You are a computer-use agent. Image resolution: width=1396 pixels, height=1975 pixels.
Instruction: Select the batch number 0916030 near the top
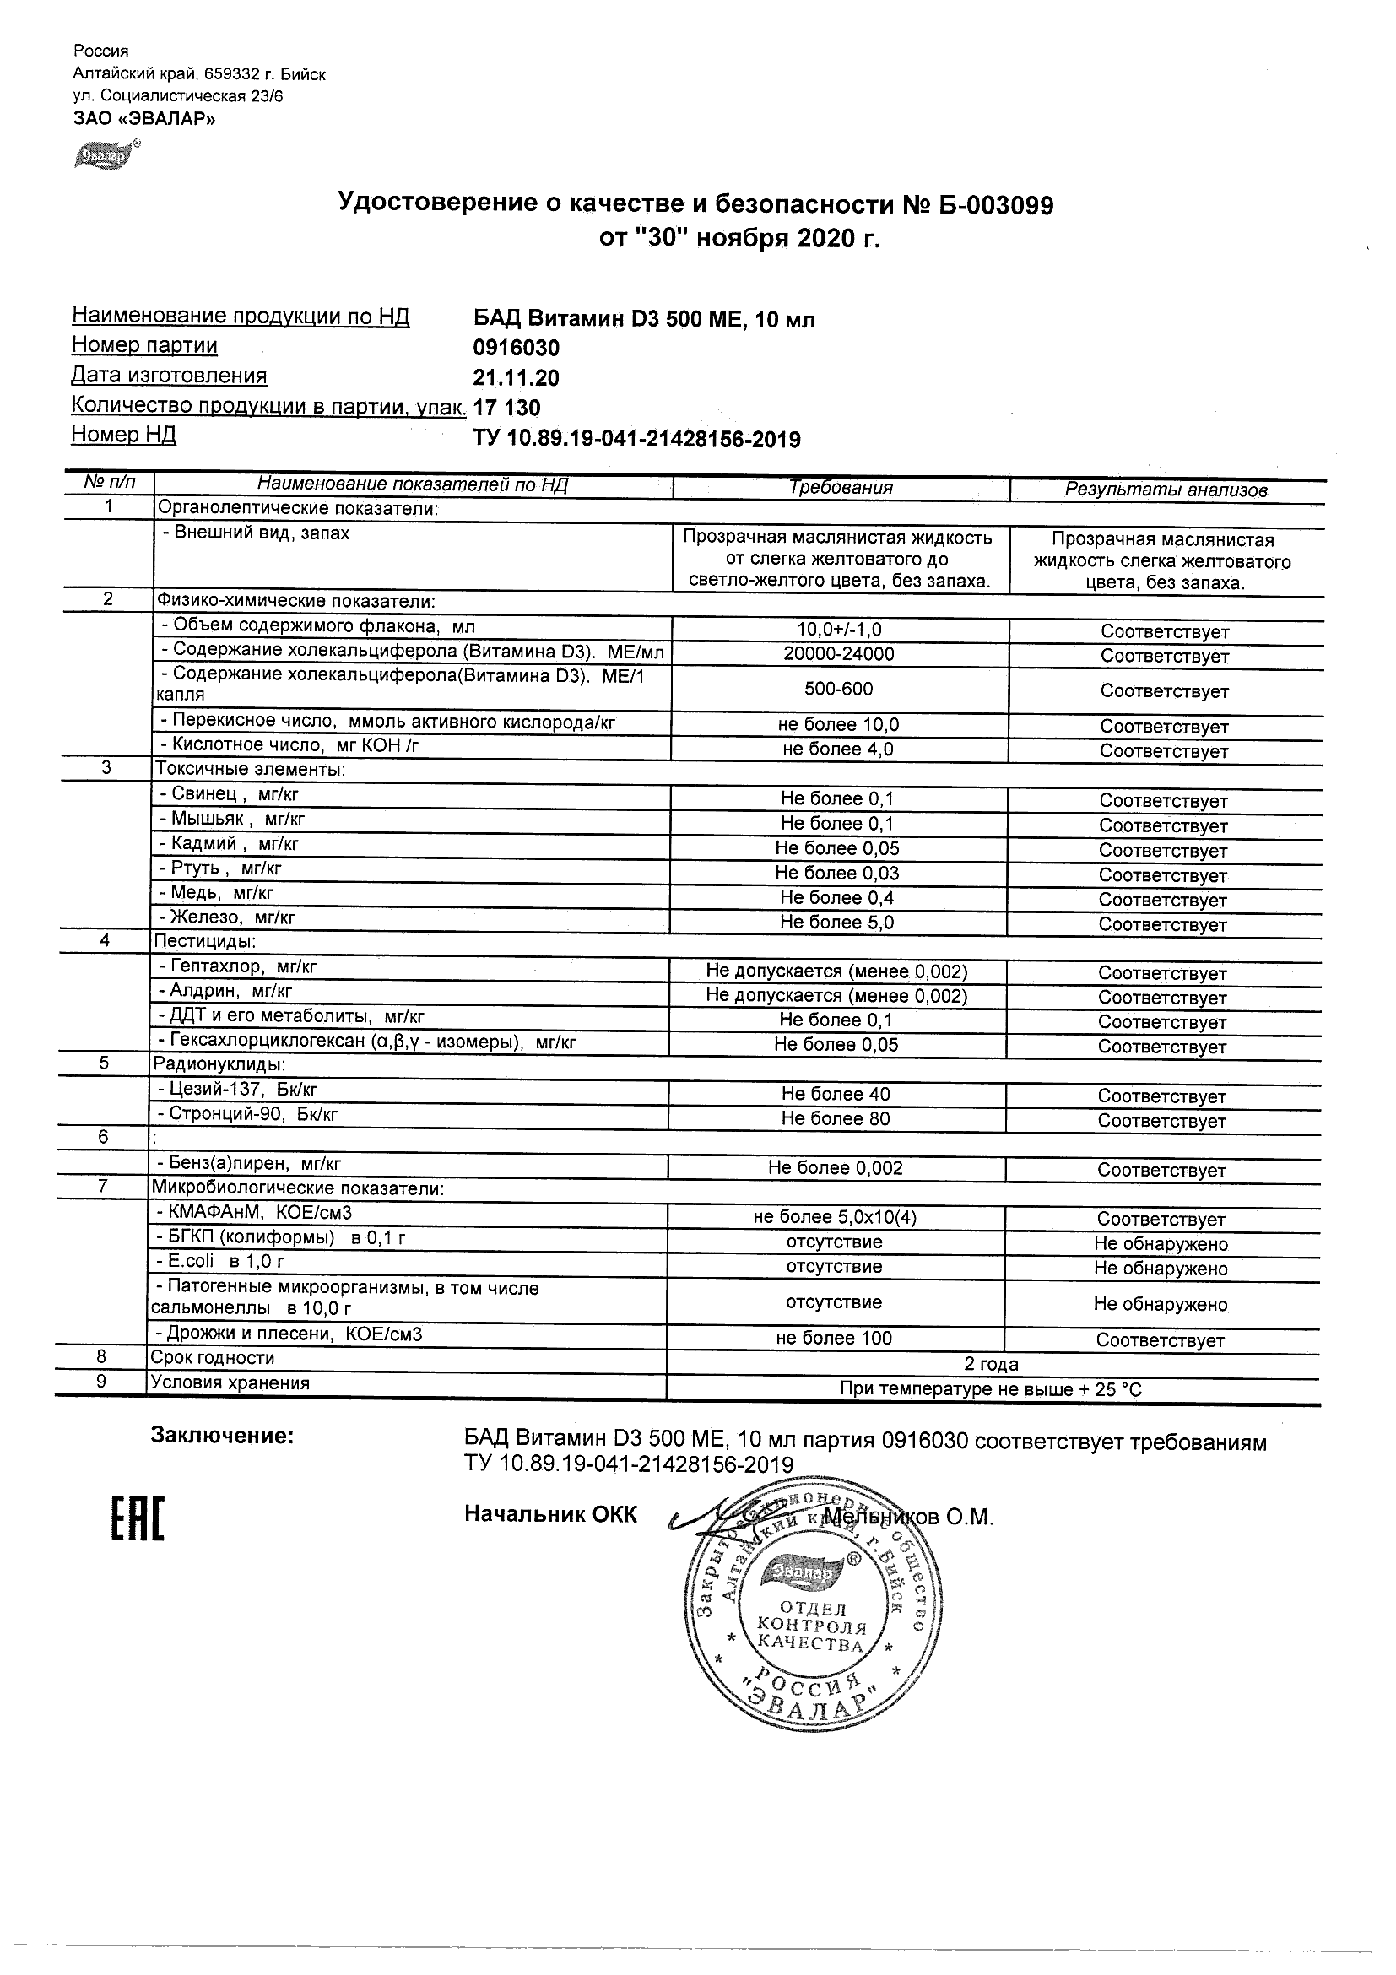[x=516, y=349]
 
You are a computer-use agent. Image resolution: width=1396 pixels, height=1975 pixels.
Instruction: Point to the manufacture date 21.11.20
[x=516, y=378]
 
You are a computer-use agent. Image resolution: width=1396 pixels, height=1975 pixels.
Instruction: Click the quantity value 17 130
[x=507, y=408]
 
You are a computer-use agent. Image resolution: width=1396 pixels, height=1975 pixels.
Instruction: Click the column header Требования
[x=841, y=488]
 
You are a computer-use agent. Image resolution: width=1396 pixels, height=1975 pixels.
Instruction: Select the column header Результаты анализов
[x=1166, y=490]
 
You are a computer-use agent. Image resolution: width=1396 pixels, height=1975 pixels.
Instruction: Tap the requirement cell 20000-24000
[x=839, y=654]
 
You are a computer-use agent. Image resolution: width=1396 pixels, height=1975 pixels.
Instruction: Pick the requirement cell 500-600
[x=839, y=689]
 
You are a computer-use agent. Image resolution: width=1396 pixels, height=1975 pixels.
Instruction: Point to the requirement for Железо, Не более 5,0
[x=837, y=923]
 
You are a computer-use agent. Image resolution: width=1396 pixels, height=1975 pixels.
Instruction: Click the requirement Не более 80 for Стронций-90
[x=836, y=1119]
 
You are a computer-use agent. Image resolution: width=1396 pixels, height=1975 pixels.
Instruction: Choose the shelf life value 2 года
[x=991, y=1364]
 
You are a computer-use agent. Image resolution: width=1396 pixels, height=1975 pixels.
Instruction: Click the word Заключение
[x=222, y=1435]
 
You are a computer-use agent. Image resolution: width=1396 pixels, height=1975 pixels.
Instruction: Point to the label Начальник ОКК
[x=550, y=1514]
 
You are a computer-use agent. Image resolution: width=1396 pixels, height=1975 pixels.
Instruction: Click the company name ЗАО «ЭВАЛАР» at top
[x=143, y=119]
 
